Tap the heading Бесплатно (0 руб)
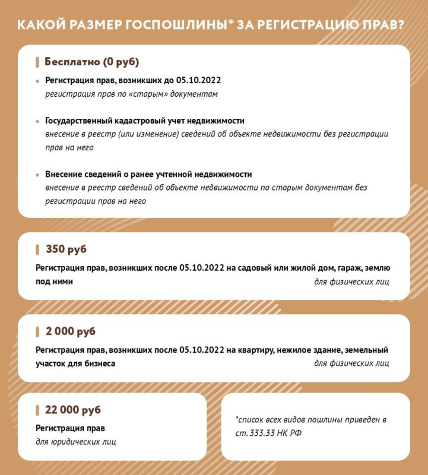(92, 62)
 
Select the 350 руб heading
(66, 249)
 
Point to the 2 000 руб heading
(70, 331)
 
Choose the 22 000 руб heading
(73, 410)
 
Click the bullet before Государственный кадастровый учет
(37, 121)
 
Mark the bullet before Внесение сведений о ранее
(37, 175)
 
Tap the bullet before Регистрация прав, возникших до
(37, 80)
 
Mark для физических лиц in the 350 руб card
(351, 281)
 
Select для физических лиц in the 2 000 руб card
(351, 363)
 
